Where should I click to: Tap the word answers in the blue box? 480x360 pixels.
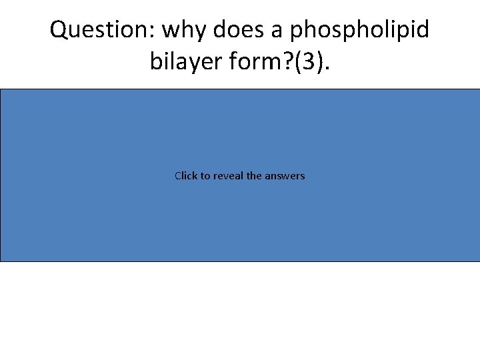click(x=285, y=176)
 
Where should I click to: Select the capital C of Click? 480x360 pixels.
click(x=178, y=176)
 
